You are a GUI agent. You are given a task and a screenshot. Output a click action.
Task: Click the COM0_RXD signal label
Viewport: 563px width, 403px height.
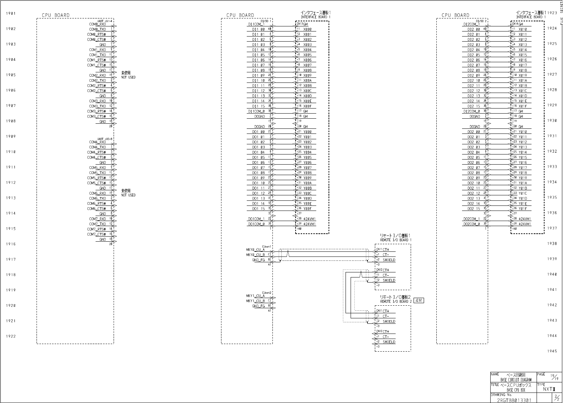click(97, 24)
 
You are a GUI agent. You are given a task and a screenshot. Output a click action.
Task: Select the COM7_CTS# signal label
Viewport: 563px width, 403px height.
click(96, 234)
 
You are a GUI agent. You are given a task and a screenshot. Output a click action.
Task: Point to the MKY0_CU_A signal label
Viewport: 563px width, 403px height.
click(255, 250)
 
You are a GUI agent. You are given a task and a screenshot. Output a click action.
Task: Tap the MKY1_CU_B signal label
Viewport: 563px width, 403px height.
click(255, 301)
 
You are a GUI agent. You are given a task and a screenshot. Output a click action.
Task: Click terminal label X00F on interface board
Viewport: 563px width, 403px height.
click(308, 106)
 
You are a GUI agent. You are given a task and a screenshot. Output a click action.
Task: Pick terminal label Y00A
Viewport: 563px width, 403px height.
click(308, 183)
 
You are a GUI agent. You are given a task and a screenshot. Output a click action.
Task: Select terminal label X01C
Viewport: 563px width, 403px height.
click(523, 91)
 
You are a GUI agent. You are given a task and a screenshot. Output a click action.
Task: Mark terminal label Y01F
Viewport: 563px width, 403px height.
click(523, 209)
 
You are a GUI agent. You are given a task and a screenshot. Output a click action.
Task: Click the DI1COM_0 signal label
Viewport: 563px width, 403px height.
click(256, 111)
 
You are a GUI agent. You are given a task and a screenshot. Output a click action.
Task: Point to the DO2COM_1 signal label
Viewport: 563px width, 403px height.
click(471, 219)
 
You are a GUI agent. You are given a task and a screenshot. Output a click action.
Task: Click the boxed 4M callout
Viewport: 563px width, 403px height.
click(419, 300)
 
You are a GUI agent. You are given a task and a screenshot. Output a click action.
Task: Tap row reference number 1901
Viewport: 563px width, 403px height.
click(11, 13)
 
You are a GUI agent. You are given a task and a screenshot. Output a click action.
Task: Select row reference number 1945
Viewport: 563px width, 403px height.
click(552, 351)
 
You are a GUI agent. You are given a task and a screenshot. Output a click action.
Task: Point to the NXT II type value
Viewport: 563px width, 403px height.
click(549, 389)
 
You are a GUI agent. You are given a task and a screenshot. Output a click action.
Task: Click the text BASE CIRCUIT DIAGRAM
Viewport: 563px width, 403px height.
click(516, 380)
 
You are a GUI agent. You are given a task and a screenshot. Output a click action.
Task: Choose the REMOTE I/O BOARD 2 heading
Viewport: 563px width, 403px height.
click(396, 301)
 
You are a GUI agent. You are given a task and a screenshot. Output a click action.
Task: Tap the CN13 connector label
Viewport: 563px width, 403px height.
click(299, 24)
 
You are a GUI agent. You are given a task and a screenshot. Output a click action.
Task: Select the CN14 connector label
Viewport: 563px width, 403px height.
click(515, 24)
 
